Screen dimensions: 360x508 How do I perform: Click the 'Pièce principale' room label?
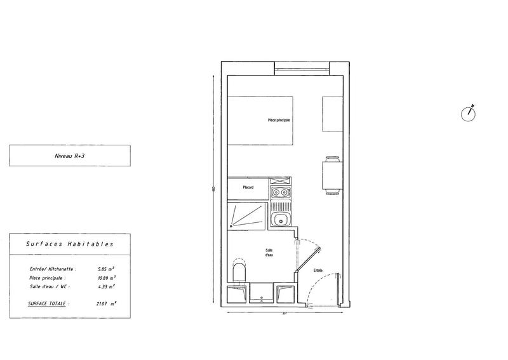click(279, 120)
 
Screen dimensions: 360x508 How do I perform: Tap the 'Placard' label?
click(248, 187)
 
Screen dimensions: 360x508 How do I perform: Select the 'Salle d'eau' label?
click(269, 253)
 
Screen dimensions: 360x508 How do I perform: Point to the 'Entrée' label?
click(318, 270)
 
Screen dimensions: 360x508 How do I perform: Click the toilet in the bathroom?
click(239, 273)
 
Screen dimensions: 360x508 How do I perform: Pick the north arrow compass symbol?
click(469, 114)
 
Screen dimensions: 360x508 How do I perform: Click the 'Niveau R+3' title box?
click(70, 155)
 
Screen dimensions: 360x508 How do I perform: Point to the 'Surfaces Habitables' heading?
click(70, 243)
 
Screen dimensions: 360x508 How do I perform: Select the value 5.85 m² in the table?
click(105, 269)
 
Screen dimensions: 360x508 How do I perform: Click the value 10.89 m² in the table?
click(105, 277)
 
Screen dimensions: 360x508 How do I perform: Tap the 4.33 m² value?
click(105, 286)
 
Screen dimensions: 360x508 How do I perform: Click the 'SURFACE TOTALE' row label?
click(49, 303)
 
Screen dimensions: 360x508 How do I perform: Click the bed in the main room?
click(260, 120)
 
